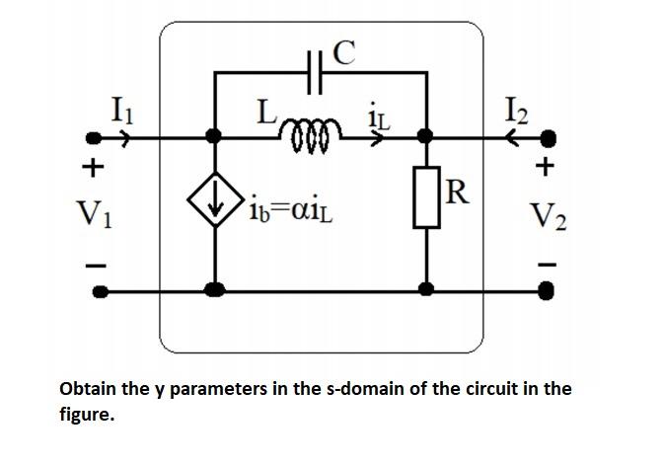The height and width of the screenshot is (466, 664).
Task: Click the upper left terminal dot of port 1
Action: tap(97, 138)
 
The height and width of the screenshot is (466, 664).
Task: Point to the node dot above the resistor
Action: tap(427, 137)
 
